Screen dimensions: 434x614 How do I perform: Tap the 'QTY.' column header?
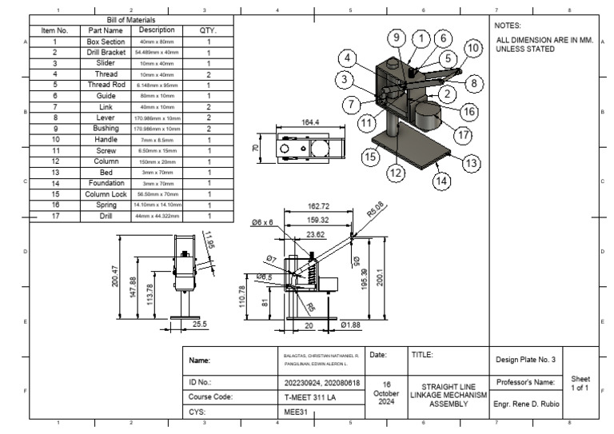tap(208, 30)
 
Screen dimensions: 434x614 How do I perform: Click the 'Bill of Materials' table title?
tap(131, 19)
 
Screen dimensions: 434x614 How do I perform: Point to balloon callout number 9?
tap(396, 38)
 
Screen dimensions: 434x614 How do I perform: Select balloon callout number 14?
tap(441, 181)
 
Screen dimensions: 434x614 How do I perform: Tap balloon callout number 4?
tap(347, 58)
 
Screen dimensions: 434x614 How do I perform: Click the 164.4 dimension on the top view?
tap(309, 122)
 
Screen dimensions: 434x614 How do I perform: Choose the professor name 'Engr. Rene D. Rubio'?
tap(530, 404)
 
